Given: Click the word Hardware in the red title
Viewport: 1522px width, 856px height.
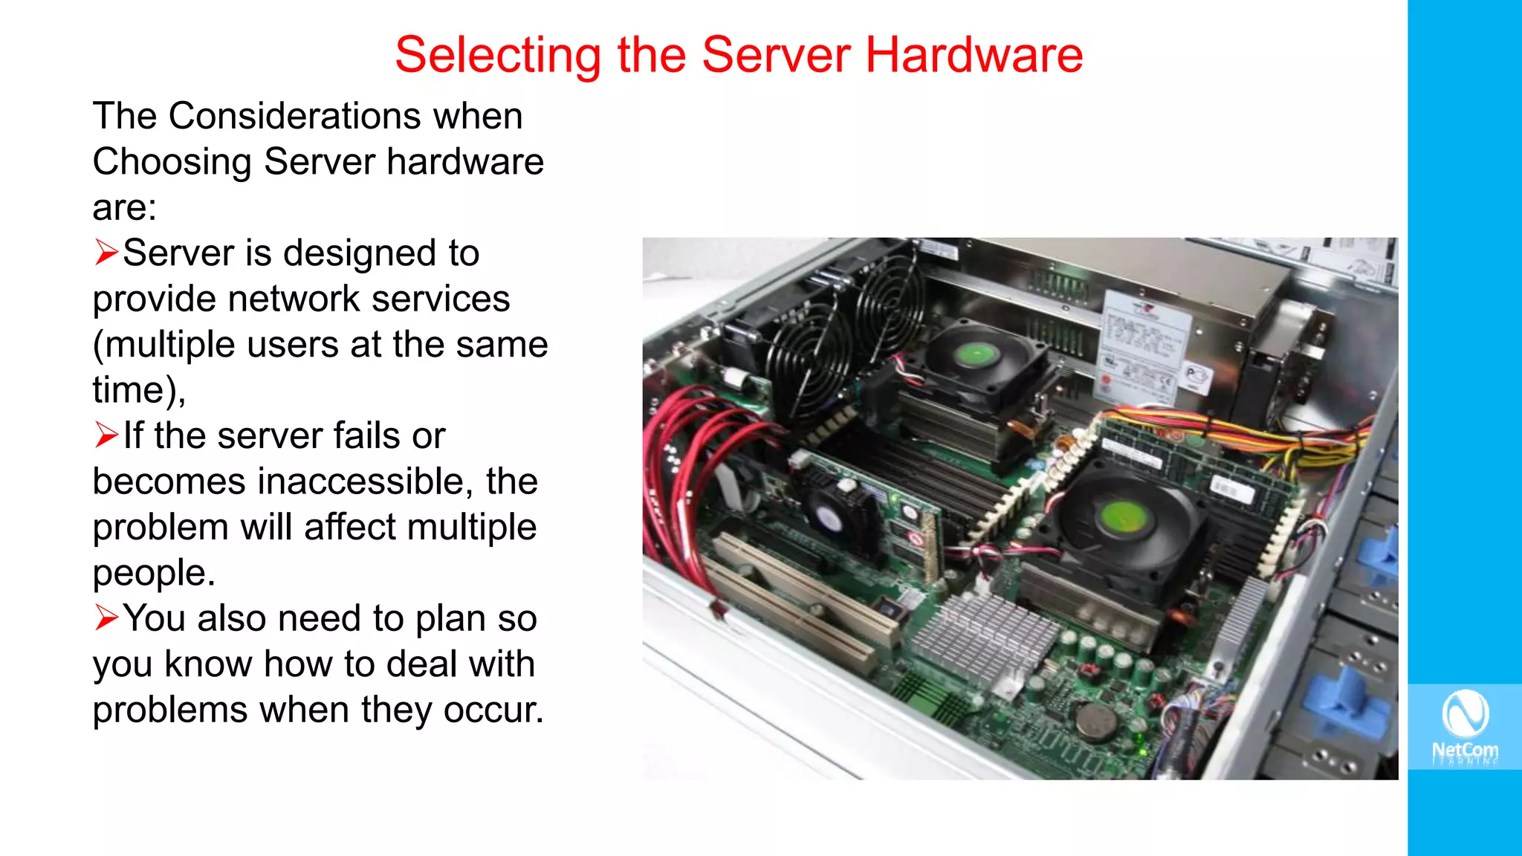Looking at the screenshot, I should (974, 55).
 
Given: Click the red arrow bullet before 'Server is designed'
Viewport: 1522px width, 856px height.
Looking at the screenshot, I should (106, 253).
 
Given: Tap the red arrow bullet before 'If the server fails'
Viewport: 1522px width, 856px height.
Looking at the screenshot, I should (106, 435).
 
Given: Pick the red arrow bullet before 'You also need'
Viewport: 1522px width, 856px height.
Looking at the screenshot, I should (106, 617).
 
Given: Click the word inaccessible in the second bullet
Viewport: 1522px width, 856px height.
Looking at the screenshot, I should (365, 481).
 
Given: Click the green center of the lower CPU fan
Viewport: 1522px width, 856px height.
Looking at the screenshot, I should (1122, 516).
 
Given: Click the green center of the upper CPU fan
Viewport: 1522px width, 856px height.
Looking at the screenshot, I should (976, 354).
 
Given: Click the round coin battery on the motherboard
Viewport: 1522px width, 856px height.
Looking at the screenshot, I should (1096, 719).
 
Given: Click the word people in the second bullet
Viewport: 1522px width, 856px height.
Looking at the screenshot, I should (154, 573).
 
